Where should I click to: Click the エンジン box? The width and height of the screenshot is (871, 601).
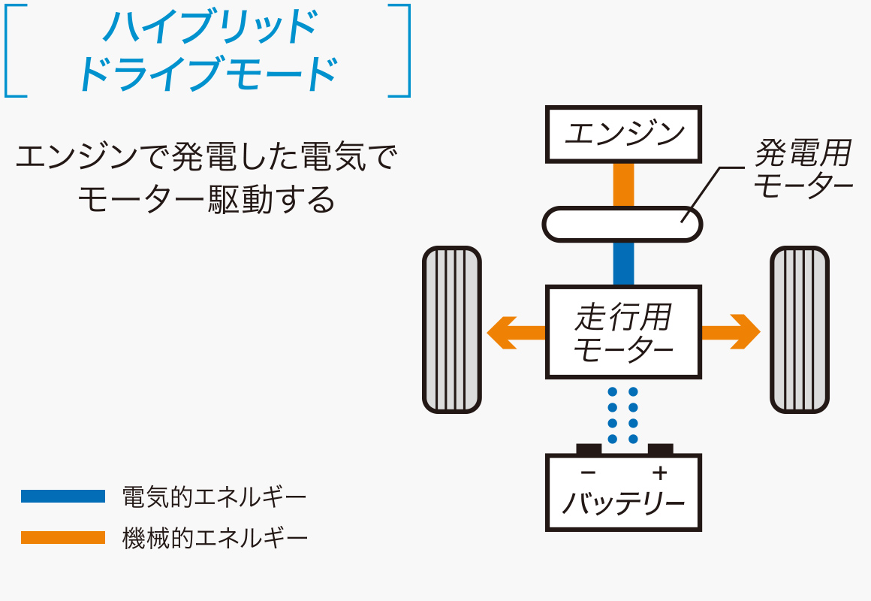point(623,134)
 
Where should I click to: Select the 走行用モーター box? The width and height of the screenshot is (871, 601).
point(623,331)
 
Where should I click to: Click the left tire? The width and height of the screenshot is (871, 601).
point(451,330)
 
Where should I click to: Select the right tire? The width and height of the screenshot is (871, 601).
point(800,330)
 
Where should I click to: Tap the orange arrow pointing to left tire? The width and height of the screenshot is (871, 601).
point(514,331)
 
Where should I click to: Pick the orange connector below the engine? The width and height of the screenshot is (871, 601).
point(623,184)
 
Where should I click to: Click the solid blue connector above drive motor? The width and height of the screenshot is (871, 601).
point(623,263)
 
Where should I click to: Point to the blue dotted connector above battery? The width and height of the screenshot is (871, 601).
point(622,415)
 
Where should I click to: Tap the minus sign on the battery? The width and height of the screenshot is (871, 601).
point(589,473)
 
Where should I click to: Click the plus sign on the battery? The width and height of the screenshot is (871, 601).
point(659,473)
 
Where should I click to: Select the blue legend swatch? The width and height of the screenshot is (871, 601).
point(63,496)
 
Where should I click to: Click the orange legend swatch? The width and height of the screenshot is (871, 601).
point(63,538)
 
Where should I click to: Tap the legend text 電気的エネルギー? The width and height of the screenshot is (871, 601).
point(215,497)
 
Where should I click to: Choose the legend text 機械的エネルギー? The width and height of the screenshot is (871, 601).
point(215,539)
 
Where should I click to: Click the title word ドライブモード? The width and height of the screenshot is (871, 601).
point(207,73)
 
